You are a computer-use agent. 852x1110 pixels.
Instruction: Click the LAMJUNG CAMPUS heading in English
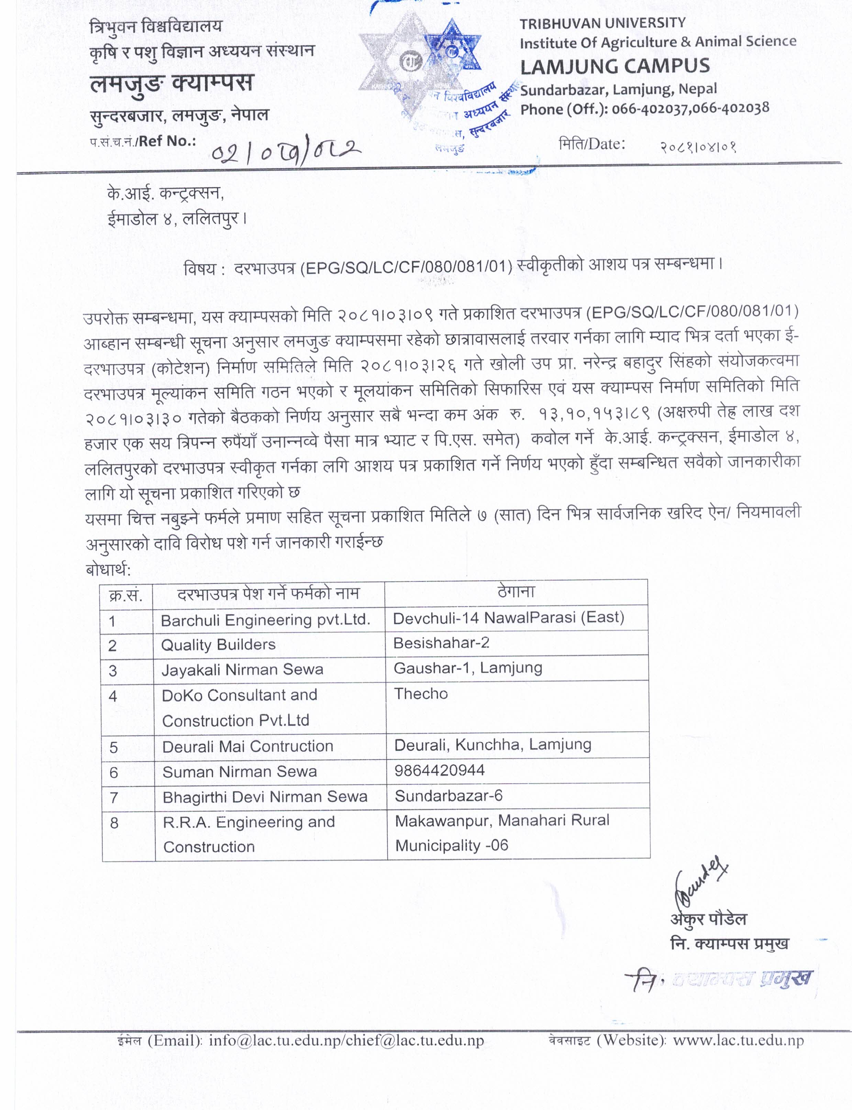[x=615, y=66]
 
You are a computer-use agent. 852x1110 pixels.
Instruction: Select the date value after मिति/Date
[x=698, y=147]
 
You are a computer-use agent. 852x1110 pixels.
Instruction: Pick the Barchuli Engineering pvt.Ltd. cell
[x=265, y=620]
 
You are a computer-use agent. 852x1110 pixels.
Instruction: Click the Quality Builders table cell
[x=218, y=645]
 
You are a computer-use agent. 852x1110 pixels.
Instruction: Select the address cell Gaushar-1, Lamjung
[x=467, y=668]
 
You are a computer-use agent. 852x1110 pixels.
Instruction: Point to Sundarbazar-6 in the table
[x=448, y=795]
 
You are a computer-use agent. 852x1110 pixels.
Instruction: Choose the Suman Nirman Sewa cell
[x=239, y=772]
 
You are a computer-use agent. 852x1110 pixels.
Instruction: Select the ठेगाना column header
[x=516, y=592]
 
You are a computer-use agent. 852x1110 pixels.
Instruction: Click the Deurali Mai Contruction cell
[x=247, y=746]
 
